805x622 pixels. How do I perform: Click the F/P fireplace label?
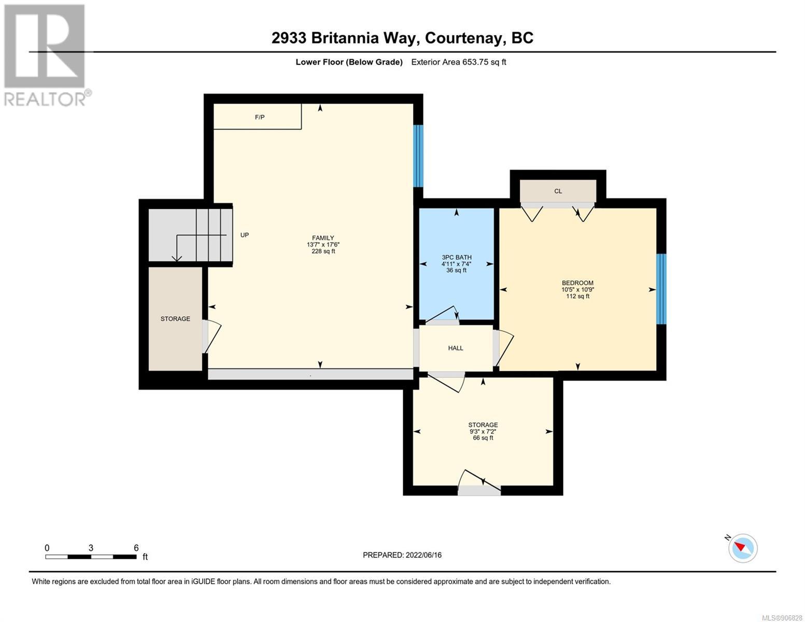click(x=259, y=117)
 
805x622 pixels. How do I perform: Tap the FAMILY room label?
click(x=322, y=238)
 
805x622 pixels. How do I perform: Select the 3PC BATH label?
click(x=456, y=257)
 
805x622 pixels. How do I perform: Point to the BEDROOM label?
click(x=577, y=282)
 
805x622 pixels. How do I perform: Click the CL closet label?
click(x=558, y=191)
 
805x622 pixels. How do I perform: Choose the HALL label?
click(x=455, y=348)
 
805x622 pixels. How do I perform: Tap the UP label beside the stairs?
click(x=245, y=235)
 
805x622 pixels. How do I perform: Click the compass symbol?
click(x=742, y=548)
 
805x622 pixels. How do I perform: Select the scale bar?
click(x=91, y=557)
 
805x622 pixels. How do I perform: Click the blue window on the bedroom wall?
click(x=661, y=289)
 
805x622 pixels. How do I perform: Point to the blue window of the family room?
click(x=418, y=156)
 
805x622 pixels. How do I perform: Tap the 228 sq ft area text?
click(x=323, y=251)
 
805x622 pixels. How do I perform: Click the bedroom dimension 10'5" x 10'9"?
click(x=577, y=290)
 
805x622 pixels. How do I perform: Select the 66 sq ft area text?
click(x=483, y=437)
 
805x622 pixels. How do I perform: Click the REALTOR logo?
click(x=47, y=55)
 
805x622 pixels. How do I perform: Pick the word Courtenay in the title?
click(x=465, y=38)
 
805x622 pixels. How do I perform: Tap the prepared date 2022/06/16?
click(x=423, y=555)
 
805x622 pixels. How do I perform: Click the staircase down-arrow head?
click(x=177, y=259)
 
